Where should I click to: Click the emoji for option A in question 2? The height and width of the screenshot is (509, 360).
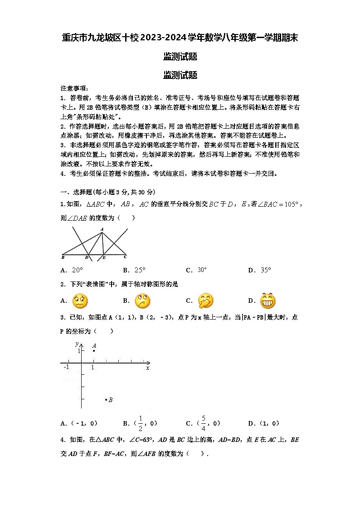click(80, 301)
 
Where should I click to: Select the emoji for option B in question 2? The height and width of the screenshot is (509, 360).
click(142, 301)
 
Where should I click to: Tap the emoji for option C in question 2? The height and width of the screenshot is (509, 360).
click(205, 301)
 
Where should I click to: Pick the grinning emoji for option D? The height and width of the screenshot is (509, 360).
click(268, 301)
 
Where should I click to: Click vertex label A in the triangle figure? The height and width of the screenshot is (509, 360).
click(102, 229)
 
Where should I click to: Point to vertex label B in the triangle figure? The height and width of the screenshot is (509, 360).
click(63, 257)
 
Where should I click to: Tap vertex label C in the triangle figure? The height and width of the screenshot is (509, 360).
click(125, 257)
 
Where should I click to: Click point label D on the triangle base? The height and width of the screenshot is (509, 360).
click(87, 258)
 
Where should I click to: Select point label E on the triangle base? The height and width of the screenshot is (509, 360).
click(104, 258)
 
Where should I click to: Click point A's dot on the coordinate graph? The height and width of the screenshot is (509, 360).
click(94, 351)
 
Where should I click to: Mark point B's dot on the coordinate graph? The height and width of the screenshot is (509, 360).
click(106, 399)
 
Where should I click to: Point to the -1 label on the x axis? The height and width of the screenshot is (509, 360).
click(66, 367)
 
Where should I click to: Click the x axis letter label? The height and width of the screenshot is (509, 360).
click(147, 368)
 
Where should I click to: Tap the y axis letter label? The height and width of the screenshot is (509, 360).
click(77, 344)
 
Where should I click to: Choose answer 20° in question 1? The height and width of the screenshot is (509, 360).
click(78, 271)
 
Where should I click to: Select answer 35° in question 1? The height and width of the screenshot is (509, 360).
click(266, 271)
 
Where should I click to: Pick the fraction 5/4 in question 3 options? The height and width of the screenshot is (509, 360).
click(204, 423)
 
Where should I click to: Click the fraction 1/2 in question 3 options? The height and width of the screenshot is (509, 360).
click(141, 423)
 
